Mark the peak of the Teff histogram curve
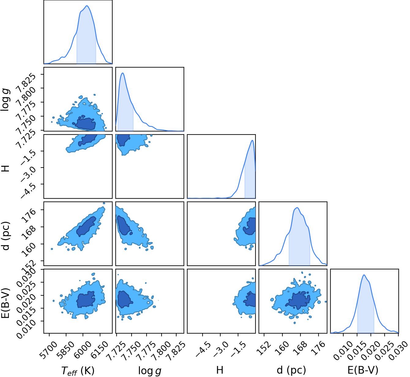pyautogui.click(x=87, y=6)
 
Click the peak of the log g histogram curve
pyautogui.click(x=123, y=73)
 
